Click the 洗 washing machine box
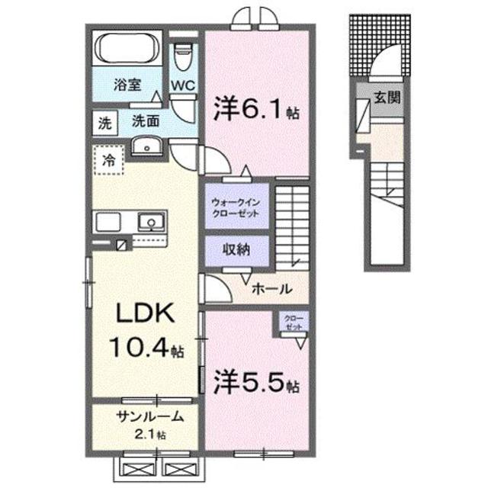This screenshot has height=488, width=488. pyautogui.click(x=103, y=121)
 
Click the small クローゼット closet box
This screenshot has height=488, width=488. pyautogui.click(x=293, y=321)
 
